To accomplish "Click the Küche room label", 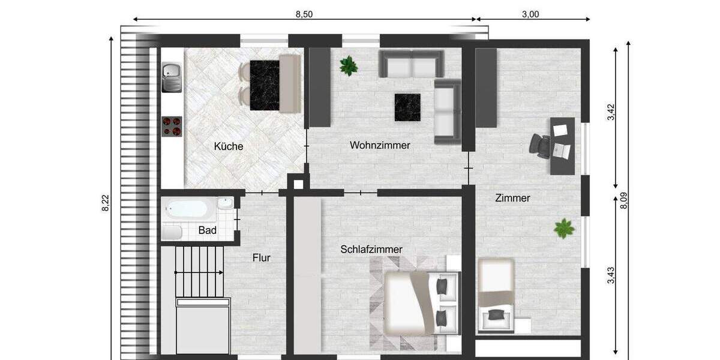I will click(x=228, y=146).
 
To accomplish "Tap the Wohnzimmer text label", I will click(x=380, y=145).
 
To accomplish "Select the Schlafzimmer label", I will click(x=371, y=249).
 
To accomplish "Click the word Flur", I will click(x=261, y=258).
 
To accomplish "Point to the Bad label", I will click(x=207, y=230).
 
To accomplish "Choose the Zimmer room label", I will click(x=512, y=198).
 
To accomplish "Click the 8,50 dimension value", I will click(x=304, y=15).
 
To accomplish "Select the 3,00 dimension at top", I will click(x=530, y=15).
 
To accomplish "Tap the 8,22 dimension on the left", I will click(x=106, y=204).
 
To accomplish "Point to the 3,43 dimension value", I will click(x=611, y=275).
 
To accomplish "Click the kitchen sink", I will click(x=172, y=77).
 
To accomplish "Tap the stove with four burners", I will click(x=172, y=126).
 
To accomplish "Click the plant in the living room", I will click(x=349, y=65).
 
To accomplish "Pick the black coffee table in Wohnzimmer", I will click(x=407, y=107).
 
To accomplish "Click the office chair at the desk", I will click(x=541, y=146).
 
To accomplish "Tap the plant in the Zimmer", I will click(x=563, y=228).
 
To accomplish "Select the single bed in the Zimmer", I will click(x=496, y=294).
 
